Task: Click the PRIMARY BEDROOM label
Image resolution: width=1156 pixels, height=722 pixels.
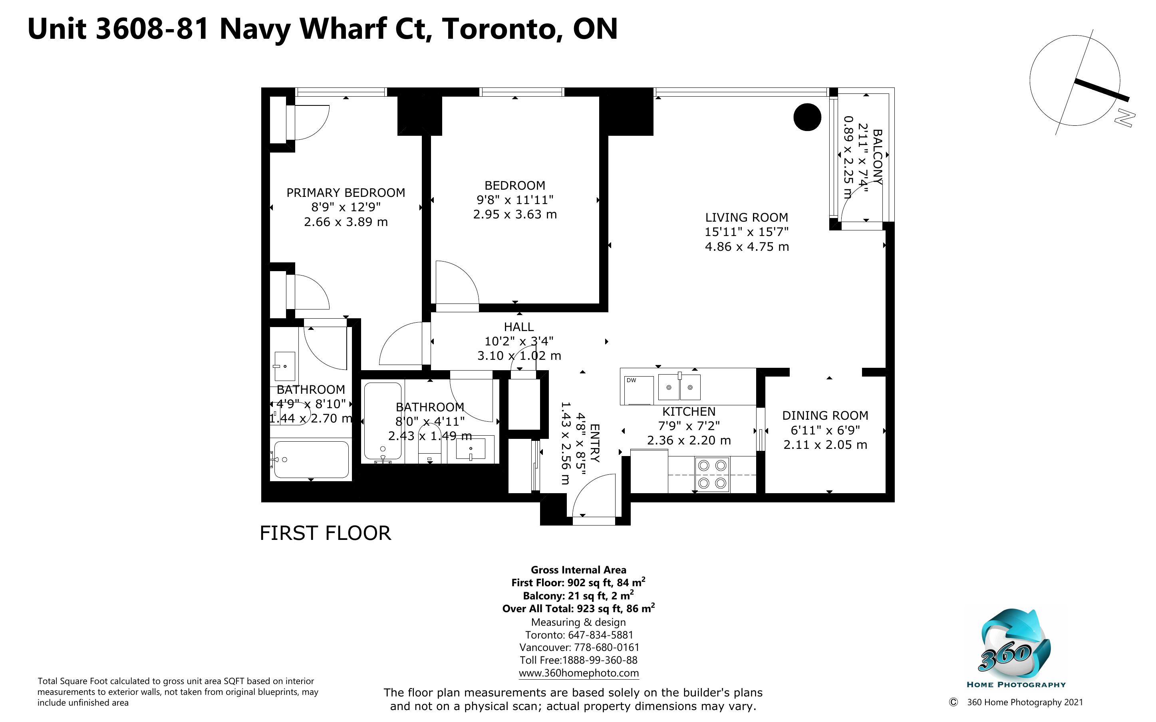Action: (x=346, y=192)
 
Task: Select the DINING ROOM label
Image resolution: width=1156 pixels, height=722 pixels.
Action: (x=825, y=415)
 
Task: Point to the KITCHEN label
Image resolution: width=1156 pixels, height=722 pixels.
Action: (x=689, y=412)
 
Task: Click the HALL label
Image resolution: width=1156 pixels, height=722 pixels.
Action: (x=518, y=327)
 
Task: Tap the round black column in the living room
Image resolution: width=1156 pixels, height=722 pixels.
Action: (x=807, y=117)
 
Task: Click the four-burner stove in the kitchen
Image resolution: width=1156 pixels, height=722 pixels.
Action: (x=712, y=475)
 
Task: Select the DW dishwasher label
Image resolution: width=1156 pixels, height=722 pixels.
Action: (x=631, y=381)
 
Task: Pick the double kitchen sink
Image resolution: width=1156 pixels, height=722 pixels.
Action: (x=679, y=387)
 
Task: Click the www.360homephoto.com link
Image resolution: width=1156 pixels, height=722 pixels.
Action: (x=578, y=673)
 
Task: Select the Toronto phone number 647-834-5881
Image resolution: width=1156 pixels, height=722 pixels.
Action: (x=600, y=635)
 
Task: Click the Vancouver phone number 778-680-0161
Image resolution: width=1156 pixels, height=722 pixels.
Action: (x=605, y=647)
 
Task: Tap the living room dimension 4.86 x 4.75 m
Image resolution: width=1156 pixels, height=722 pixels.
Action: (x=747, y=247)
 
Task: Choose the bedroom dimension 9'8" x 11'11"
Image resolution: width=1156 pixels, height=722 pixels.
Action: (x=515, y=200)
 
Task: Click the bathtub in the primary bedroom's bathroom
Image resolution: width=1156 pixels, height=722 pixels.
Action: (x=311, y=459)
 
